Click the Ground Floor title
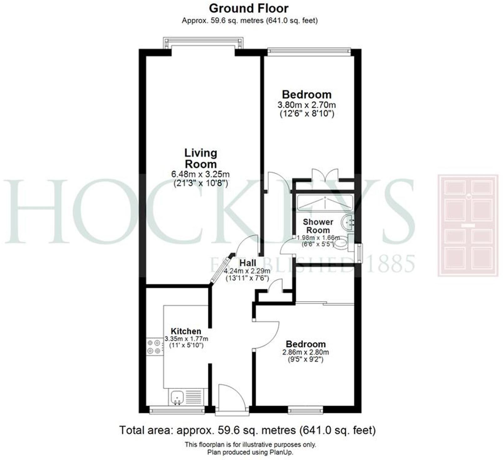pyautogui.click(x=249, y=8)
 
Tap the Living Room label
pyautogui.click(x=200, y=159)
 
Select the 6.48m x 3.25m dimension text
pyautogui.click(x=200, y=174)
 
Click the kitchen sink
pyautogui.click(x=177, y=397)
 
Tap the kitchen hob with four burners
pyautogui.click(x=155, y=346)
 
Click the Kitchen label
pyautogui.click(x=186, y=331)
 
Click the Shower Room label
pyautogui.click(x=318, y=226)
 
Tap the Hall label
pyautogui.click(x=248, y=263)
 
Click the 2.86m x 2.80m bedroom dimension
pyautogui.click(x=305, y=352)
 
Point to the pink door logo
pyautogui.click(x=468, y=225)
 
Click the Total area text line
pyautogui.click(x=247, y=430)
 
